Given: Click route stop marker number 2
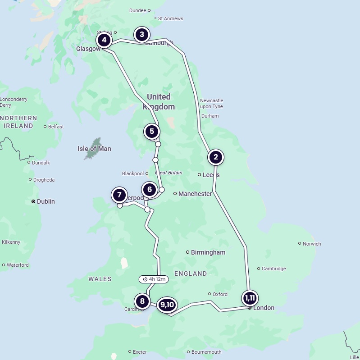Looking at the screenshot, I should tap(216, 157).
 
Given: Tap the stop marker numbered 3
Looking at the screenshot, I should tap(142, 34).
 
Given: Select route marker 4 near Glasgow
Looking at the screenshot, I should tap(104, 40).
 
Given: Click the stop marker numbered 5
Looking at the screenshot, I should tap(152, 132).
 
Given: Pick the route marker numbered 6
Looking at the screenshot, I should tap(149, 190).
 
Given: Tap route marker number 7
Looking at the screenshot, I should tap(119, 195).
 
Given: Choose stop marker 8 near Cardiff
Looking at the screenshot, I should tap(142, 301).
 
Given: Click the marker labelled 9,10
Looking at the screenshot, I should tap(167, 305).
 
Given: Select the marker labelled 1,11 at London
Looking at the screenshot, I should tap(250, 298).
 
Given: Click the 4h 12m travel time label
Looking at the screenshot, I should tap(154, 279).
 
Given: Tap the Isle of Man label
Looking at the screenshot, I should tap(94, 149).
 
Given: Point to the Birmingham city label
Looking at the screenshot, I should tap(208, 252).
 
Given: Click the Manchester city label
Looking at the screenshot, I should tap(195, 194).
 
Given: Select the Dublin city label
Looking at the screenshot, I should tap(46, 201).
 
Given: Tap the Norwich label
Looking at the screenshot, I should tap(312, 244).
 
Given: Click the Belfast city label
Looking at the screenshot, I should tap(56, 127).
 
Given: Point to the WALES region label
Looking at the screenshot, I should tap(100, 279).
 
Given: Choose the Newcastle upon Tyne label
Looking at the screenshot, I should tap(212, 103).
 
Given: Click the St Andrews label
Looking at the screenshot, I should tap(171, 18).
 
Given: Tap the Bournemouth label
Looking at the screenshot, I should tap(206, 352).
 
